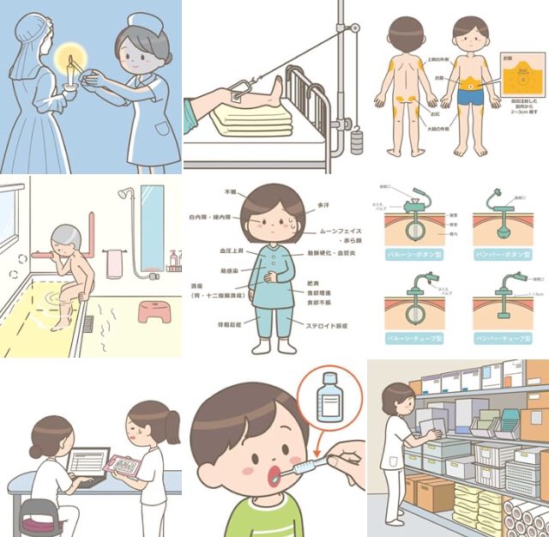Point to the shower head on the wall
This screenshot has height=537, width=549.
(127, 196)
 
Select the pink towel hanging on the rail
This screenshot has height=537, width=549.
(114, 262)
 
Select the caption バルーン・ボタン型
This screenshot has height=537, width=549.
(412, 256)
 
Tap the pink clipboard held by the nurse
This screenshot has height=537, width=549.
(124, 466)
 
